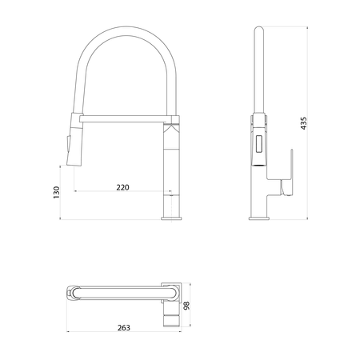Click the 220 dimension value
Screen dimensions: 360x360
coord(122,187)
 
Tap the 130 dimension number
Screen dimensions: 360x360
coord(57,192)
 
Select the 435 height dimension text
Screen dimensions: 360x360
coord(303,123)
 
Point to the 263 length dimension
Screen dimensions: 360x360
coord(124,327)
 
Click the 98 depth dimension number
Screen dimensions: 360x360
coord(186,306)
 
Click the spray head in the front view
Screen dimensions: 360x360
coord(74,139)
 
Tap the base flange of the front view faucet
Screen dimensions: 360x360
coord(171,218)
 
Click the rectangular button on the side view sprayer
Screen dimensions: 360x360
coord(259,144)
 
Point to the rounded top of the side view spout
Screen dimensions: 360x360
coord(259,29)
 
